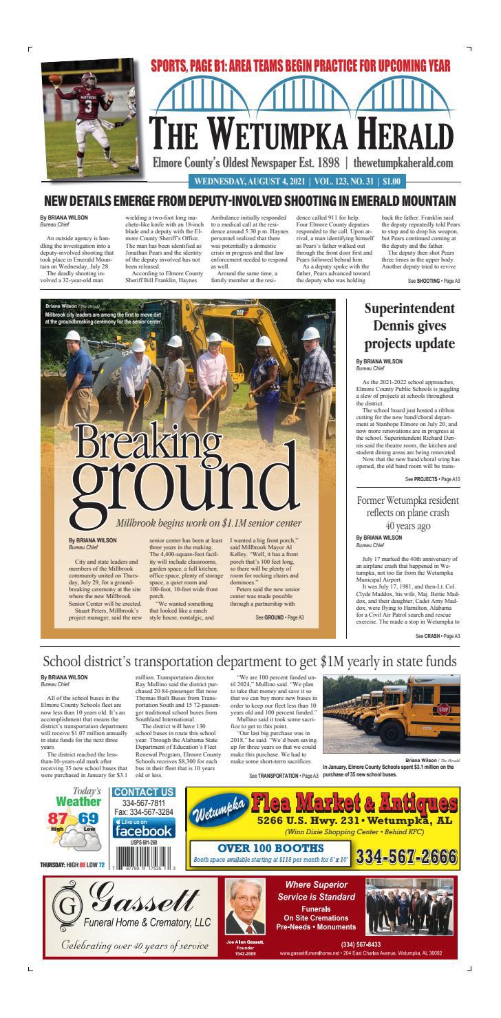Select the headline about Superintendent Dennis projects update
409,326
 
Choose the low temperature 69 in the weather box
89,819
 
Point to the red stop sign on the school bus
444,708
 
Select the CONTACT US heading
143,792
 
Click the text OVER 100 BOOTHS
270,847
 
